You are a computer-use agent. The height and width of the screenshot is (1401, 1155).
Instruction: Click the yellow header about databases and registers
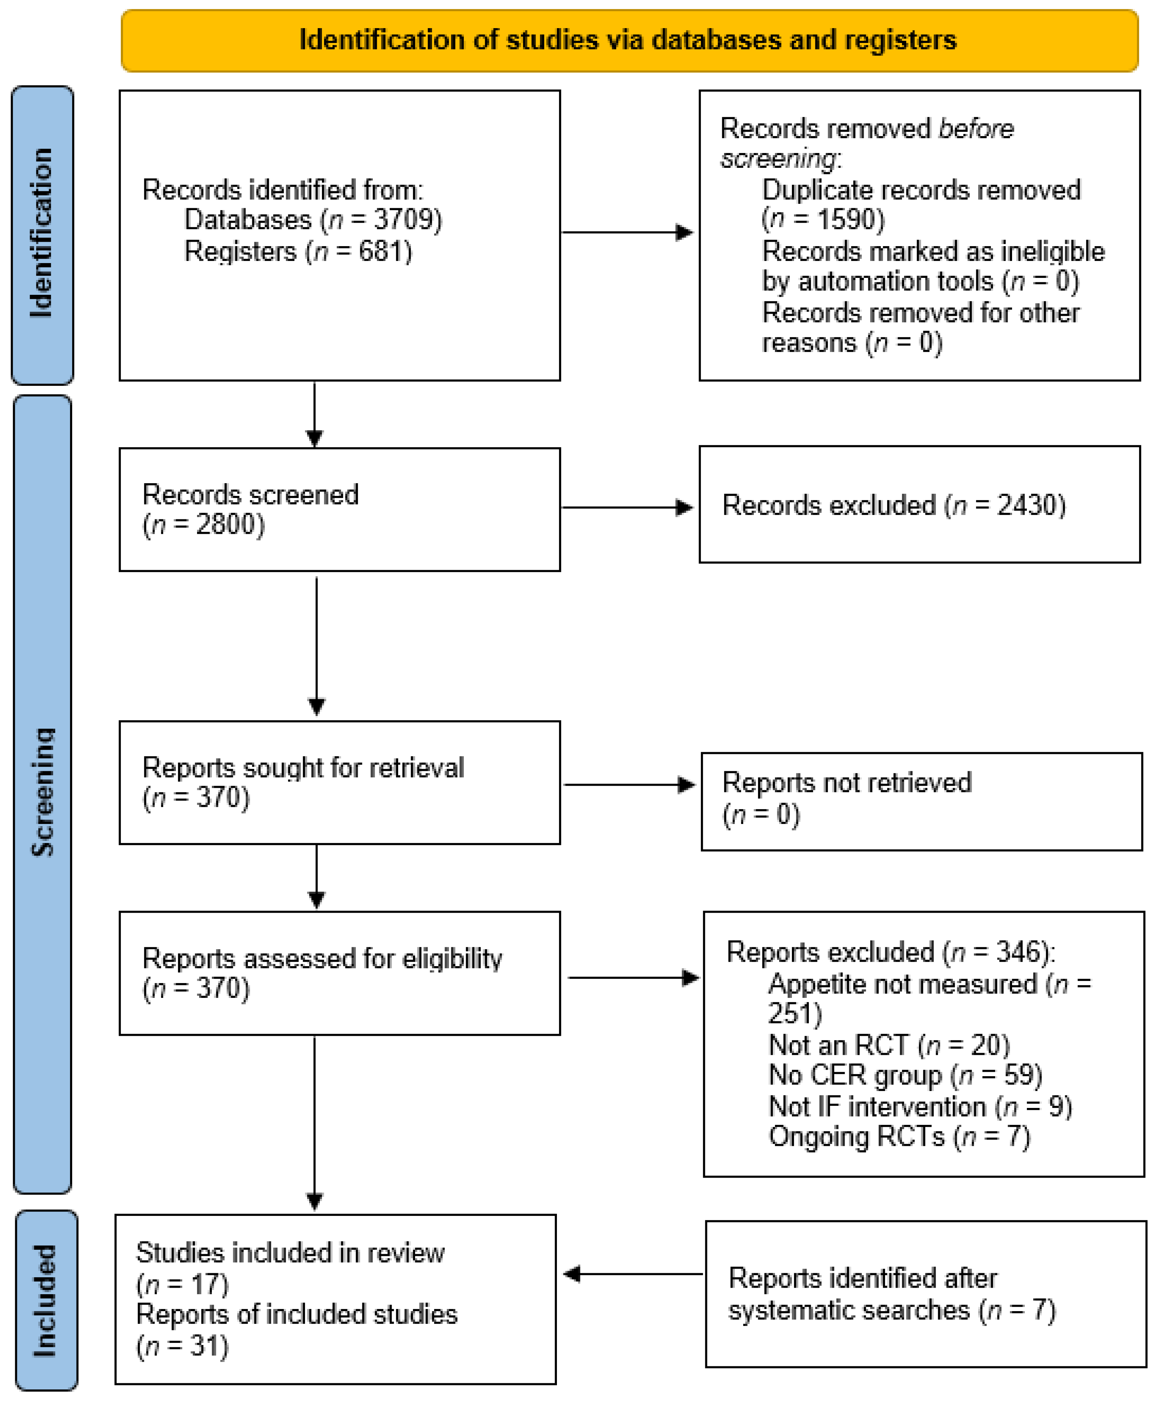pyautogui.click(x=629, y=40)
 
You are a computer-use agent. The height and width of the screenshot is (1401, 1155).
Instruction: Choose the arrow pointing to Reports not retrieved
pyautogui.click(x=629, y=785)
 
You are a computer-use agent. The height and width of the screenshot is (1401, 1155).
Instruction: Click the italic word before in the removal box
pyautogui.click(x=975, y=128)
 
